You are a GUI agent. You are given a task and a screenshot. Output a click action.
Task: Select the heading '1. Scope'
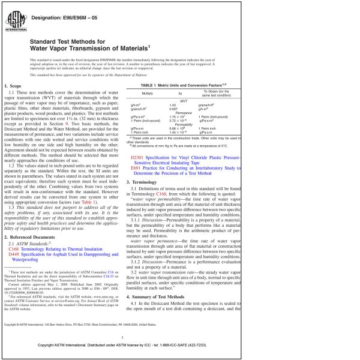click(16, 88)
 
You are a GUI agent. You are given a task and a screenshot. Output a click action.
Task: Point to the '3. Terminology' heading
click(148, 182)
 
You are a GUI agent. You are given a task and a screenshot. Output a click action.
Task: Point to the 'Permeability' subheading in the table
click(184, 124)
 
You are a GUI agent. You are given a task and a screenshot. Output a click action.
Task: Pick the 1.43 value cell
click(173, 106)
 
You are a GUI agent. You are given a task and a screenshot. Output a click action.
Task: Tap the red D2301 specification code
click(138, 157)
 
